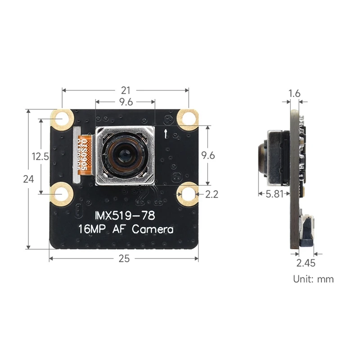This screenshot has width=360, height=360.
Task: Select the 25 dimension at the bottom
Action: (124, 258)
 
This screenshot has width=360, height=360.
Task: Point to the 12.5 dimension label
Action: (40, 157)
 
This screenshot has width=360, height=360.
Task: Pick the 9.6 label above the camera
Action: (126, 102)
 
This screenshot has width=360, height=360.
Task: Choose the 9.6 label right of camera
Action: (208, 156)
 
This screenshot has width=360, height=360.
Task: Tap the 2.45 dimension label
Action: (306, 263)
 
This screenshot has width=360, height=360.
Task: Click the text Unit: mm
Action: (314, 279)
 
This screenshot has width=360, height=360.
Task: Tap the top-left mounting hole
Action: (62, 119)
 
